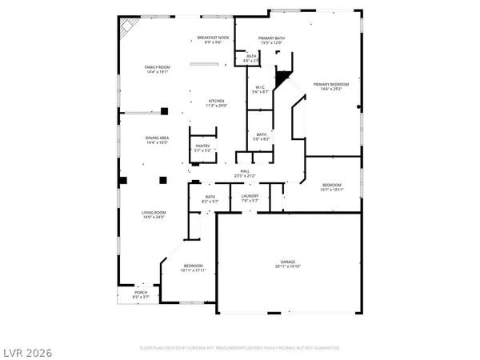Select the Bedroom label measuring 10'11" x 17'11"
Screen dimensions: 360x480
[x=194, y=268]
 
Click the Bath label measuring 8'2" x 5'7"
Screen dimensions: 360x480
[x=210, y=199]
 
